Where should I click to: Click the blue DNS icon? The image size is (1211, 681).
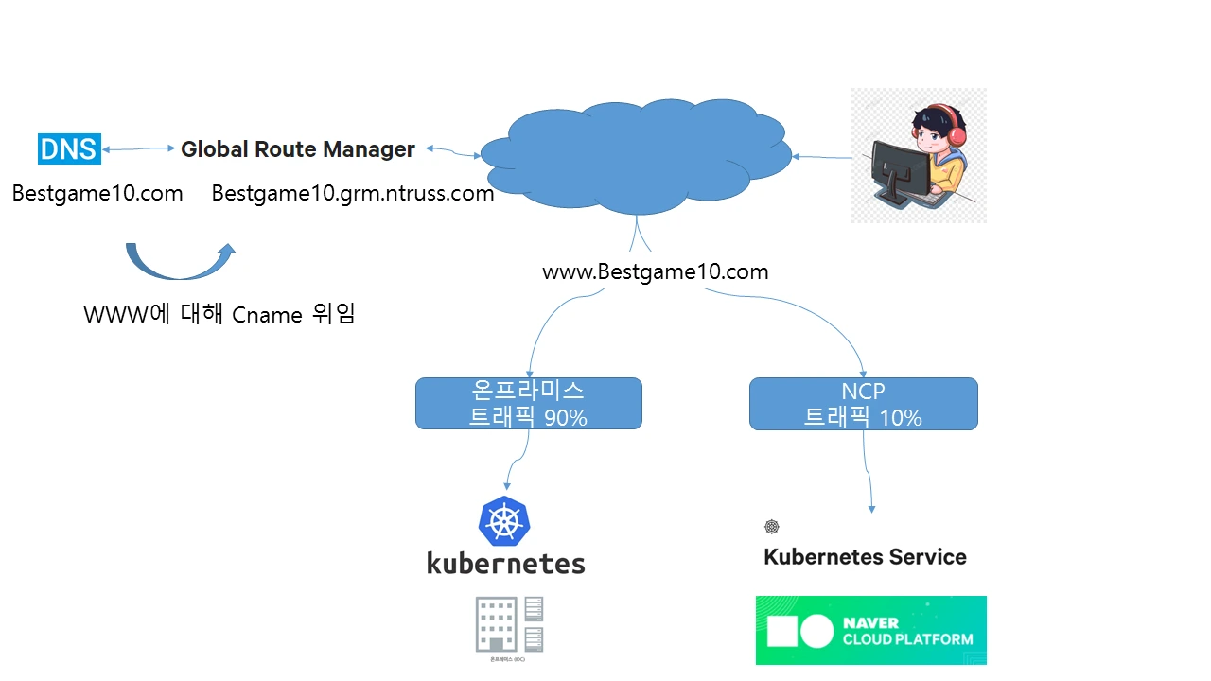(x=69, y=148)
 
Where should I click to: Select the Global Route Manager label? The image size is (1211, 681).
(x=298, y=149)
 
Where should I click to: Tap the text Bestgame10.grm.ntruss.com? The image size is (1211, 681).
(x=353, y=194)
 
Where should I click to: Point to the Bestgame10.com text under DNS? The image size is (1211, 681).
(x=97, y=194)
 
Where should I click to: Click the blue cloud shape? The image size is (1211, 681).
(x=634, y=156)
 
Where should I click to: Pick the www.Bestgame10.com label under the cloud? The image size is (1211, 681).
(x=655, y=272)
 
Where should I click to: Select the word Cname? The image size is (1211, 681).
(x=267, y=315)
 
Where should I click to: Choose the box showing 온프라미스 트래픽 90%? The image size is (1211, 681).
(x=528, y=404)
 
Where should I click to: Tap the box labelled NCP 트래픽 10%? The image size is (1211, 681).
(x=863, y=404)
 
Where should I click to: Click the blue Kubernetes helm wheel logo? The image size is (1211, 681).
(x=504, y=521)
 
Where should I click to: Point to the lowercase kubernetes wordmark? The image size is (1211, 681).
(x=506, y=564)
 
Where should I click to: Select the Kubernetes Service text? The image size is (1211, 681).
(x=865, y=556)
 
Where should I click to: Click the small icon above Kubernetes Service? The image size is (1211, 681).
(x=772, y=527)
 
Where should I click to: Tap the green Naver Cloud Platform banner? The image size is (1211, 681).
(x=870, y=630)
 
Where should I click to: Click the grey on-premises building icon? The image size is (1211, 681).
(x=509, y=625)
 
